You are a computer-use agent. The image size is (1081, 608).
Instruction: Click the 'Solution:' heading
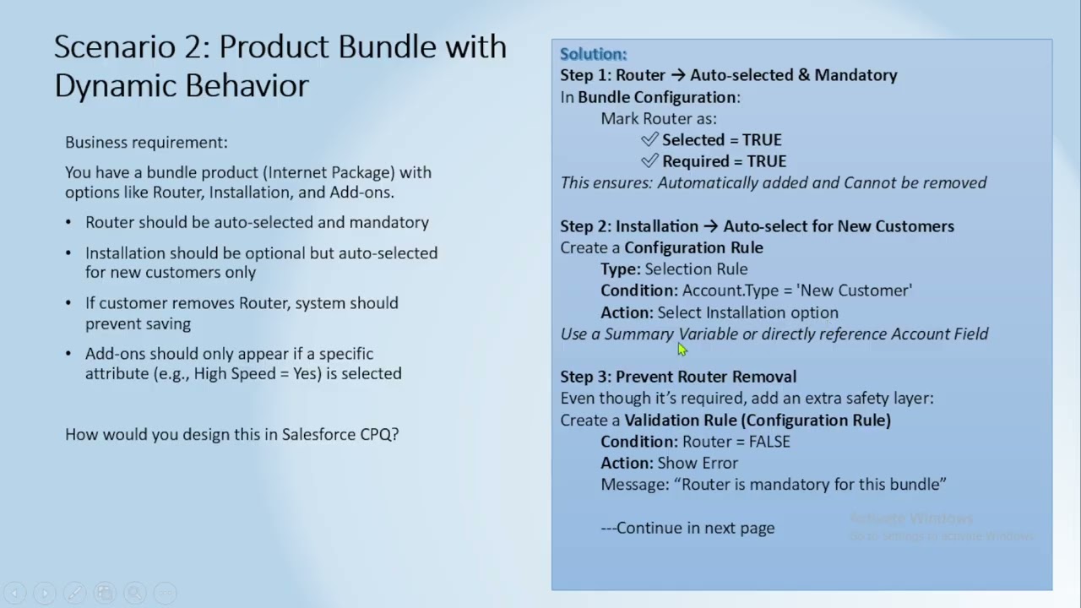(593, 54)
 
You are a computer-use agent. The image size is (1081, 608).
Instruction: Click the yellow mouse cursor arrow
(682, 350)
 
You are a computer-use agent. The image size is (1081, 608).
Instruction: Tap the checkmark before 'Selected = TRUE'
(649, 139)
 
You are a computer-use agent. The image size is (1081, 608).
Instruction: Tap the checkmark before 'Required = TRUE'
(649, 160)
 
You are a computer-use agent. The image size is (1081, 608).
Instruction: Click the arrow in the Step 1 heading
(678, 75)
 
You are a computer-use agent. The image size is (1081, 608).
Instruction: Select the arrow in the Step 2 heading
(711, 226)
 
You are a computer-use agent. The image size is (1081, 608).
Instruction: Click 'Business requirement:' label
(146, 143)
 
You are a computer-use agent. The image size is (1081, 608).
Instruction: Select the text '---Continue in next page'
(687, 528)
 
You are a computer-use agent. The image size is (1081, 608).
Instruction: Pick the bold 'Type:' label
(621, 269)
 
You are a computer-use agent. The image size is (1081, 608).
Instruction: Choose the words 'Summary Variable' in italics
(671, 334)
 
